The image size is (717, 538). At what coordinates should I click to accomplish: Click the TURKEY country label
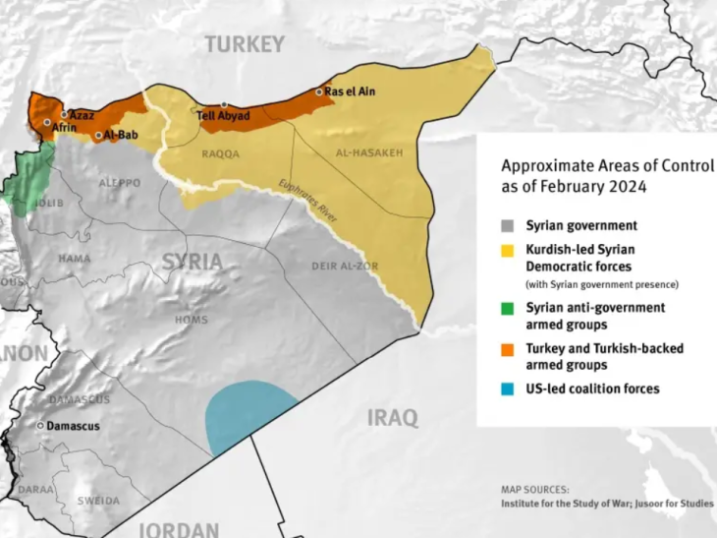245,44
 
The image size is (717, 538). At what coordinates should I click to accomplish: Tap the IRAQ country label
392,418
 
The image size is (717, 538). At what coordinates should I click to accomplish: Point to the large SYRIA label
192,262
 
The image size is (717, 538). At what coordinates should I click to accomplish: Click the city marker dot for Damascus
40,426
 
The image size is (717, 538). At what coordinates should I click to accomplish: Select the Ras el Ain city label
351,91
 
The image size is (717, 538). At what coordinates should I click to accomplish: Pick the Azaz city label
82,115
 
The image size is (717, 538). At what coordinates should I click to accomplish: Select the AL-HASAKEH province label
369,153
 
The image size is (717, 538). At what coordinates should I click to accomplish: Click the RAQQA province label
220,154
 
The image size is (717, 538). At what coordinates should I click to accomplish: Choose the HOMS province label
192,320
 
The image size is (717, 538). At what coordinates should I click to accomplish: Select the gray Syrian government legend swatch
506,226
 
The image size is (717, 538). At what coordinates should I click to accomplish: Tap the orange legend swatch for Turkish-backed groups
506,349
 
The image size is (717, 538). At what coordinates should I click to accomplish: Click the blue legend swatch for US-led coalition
506,389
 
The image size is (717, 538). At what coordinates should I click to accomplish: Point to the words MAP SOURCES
533,489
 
